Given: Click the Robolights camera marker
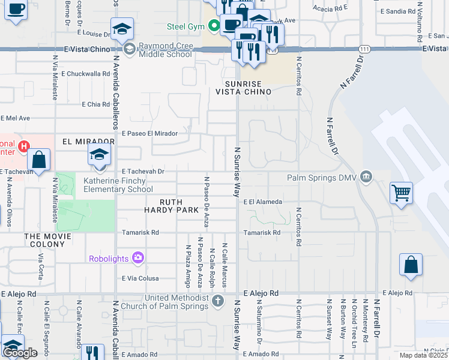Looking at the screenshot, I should pos(139,258).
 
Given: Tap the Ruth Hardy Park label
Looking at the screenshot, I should pos(170,206).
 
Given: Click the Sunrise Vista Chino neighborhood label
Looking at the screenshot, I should pos(244,88).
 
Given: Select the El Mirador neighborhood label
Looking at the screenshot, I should pos(88,142).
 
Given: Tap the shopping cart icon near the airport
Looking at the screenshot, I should pos(401,193).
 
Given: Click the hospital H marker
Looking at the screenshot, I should pos(23,146).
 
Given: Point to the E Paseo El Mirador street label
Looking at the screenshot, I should pos(149,134).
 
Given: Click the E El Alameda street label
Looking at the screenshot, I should pos(262,202).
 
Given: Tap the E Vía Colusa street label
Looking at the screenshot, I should pos(140,278).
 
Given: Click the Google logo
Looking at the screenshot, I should pos(20,352).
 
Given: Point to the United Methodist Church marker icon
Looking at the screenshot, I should pos(218,301).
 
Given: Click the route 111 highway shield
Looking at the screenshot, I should pos(364,48).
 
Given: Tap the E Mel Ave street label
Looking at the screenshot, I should pos(16,118).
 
